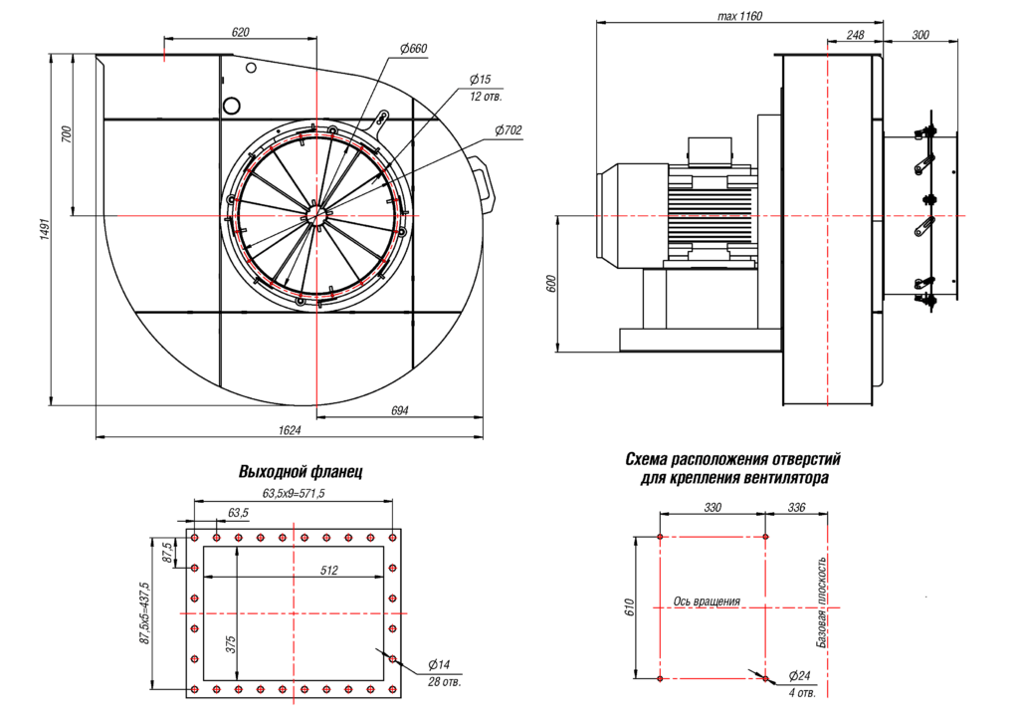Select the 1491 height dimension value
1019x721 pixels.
[x=44, y=230]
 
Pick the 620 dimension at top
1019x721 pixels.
[x=240, y=32]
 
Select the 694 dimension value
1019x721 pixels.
[x=399, y=410]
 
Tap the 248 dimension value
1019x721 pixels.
[x=854, y=34]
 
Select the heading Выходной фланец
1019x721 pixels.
[x=301, y=471]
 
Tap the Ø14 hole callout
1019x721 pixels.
[x=439, y=664]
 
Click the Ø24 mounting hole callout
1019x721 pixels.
[x=798, y=675]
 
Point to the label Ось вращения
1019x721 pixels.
[x=707, y=601]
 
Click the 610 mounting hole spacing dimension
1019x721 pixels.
[x=628, y=607]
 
